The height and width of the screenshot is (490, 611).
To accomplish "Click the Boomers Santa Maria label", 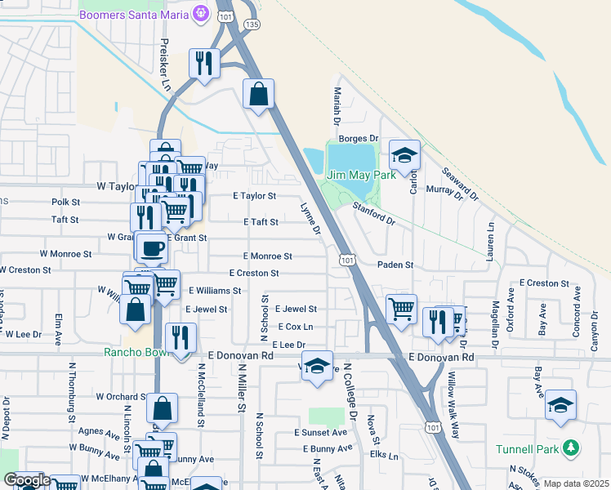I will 134,15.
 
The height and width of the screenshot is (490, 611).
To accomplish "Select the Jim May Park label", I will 361,175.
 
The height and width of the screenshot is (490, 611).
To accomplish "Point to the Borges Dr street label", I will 363,139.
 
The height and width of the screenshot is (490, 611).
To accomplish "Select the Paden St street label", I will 395,265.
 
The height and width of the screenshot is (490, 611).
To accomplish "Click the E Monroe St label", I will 267,256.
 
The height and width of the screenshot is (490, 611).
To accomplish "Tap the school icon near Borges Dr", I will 404,154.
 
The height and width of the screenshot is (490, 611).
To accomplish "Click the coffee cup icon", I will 150,247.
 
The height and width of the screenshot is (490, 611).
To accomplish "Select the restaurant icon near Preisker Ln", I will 203,63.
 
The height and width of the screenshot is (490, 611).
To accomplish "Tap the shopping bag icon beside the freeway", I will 258,94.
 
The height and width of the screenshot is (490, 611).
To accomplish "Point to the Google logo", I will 26,481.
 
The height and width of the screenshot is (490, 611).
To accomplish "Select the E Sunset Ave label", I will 321,433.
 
